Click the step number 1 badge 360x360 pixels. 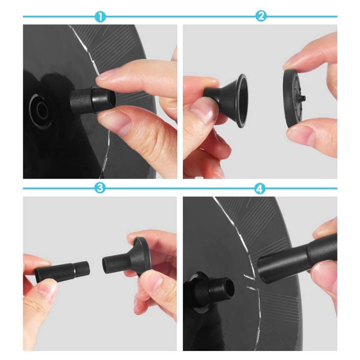pyautogui.click(x=100, y=17)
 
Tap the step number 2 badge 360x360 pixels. pyautogui.click(x=261, y=16)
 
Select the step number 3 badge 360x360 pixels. pyautogui.click(x=100, y=188)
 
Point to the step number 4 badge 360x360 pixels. pyautogui.click(x=260, y=189)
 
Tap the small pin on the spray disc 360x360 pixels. pyautogui.click(x=303, y=99)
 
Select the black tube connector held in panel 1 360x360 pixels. pyautogui.click(x=92, y=100)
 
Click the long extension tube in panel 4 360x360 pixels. pyautogui.click(x=296, y=259)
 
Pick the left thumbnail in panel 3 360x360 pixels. pyautogui.click(x=48, y=290)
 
